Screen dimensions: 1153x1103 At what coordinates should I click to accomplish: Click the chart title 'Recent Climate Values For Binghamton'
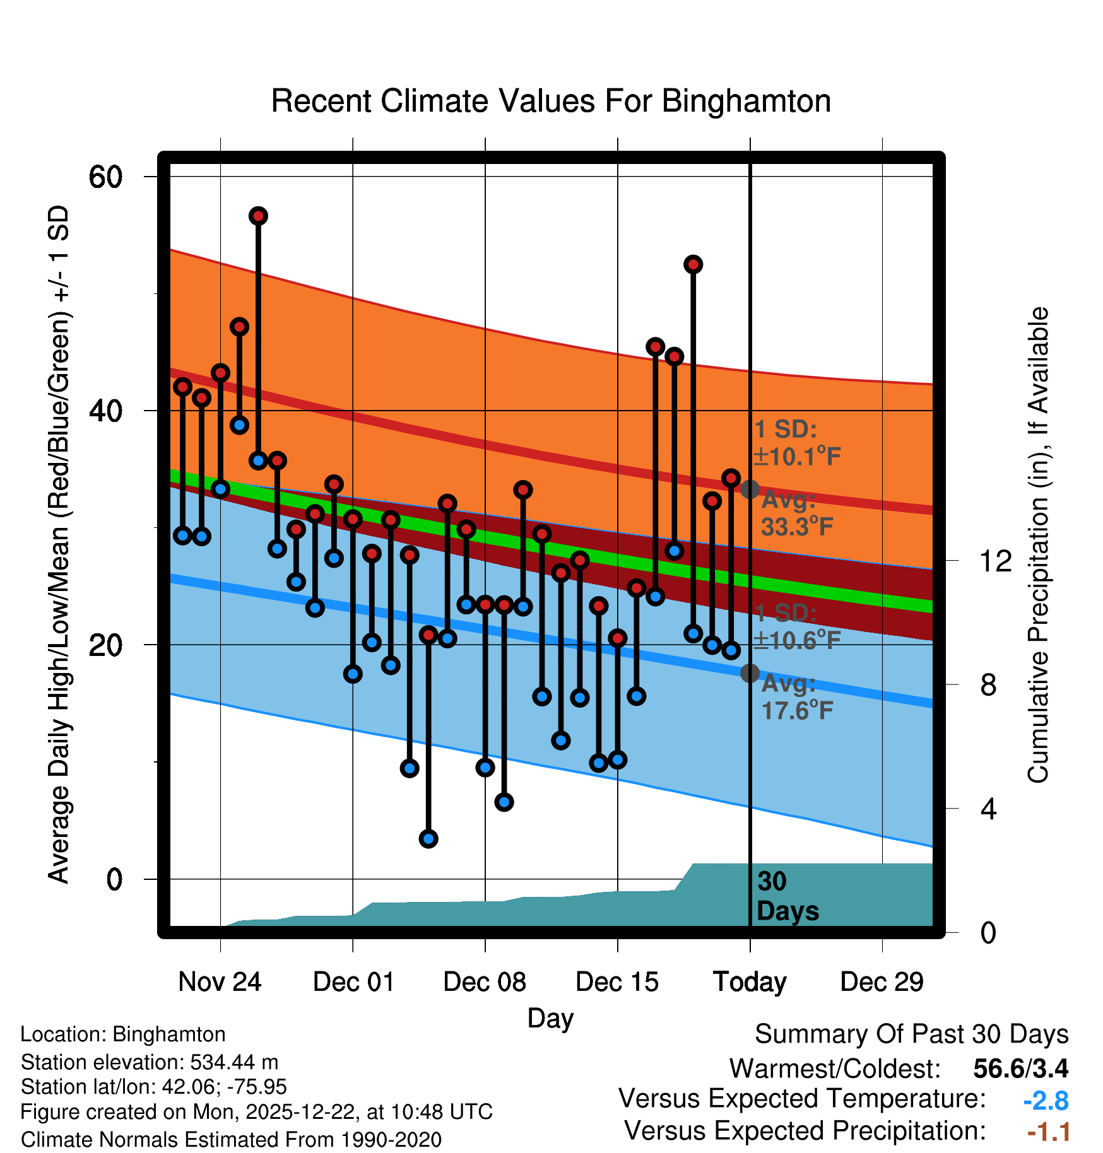click(x=551, y=101)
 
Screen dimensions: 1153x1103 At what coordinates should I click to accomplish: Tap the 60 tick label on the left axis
click(x=105, y=177)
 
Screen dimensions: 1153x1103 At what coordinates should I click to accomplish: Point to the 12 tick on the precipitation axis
click(x=996, y=561)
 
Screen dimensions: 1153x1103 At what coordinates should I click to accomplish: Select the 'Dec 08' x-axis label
click(x=485, y=982)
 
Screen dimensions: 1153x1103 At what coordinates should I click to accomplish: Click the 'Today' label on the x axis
click(x=750, y=982)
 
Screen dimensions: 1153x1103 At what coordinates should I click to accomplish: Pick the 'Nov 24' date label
click(x=220, y=982)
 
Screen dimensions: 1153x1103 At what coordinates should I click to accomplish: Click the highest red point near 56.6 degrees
click(x=258, y=216)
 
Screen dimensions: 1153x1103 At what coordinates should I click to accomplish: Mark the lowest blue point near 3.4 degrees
click(x=428, y=839)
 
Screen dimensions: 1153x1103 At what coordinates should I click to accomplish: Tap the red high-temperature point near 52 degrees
click(x=693, y=264)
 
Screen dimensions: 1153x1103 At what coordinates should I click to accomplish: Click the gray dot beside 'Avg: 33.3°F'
click(x=750, y=489)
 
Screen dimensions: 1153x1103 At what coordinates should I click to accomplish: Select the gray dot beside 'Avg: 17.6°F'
click(x=750, y=674)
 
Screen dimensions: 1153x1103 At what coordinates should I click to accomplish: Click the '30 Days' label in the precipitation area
click(x=787, y=897)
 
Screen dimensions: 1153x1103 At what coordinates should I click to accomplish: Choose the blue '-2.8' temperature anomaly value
click(x=1046, y=1101)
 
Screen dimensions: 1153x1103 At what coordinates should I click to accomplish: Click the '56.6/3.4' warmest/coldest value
click(x=1020, y=1068)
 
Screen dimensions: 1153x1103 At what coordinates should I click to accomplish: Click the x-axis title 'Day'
click(x=550, y=1018)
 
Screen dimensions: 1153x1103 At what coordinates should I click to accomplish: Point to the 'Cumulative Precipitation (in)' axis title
click(x=1038, y=546)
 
